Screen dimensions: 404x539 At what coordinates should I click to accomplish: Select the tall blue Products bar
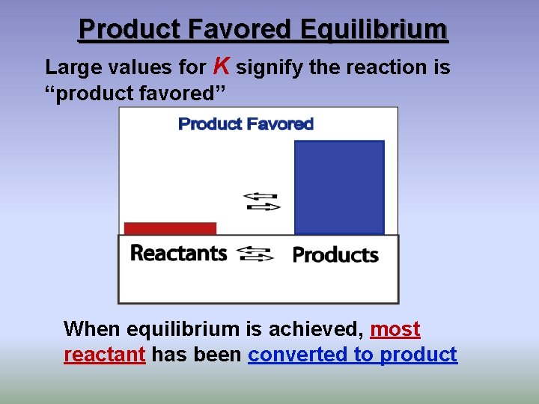click(x=339, y=187)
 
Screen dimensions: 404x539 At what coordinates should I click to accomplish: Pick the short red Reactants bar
click(x=170, y=228)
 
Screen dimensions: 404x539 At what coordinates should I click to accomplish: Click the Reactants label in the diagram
click(x=178, y=253)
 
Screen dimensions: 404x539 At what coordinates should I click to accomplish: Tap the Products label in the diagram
click(x=335, y=255)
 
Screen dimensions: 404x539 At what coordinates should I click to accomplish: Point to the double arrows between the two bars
click(x=262, y=201)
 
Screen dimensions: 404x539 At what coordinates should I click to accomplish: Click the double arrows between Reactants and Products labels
click(x=255, y=254)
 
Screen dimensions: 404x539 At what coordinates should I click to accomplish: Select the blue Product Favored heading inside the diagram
click(x=246, y=124)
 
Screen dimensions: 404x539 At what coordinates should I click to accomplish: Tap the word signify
click(x=269, y=67)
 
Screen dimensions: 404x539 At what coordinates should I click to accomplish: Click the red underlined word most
click(x=395, y=329)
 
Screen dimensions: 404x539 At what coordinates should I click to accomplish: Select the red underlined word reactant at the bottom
click(x=104, y=355)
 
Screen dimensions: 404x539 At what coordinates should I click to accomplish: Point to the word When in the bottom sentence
click(x=93, y=329)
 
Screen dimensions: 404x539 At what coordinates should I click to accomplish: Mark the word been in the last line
click(x=219, y=355)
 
